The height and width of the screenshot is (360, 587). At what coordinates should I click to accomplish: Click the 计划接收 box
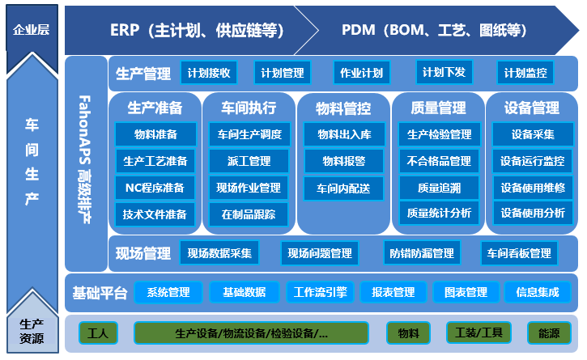209,73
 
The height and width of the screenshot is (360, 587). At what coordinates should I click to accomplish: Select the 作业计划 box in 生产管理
362,73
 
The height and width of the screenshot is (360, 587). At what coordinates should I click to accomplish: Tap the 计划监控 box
525,73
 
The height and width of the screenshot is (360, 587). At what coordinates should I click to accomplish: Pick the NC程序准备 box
155,188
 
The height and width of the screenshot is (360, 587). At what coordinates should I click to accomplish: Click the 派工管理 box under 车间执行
249,161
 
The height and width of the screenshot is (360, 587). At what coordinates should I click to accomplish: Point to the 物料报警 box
344,161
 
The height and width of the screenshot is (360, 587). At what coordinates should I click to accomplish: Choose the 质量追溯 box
439,188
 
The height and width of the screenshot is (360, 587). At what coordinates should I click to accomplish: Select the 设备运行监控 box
533,161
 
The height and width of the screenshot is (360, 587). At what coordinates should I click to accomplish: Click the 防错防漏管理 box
422,253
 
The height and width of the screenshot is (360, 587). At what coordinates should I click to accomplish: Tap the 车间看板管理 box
519,253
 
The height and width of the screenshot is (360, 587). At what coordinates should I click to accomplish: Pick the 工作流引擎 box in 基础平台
321,292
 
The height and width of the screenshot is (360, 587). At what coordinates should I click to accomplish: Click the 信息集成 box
538,292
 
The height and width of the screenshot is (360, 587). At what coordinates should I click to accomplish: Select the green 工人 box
98,332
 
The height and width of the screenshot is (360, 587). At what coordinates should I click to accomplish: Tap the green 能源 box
549,332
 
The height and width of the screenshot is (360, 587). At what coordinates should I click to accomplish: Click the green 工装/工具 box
479,332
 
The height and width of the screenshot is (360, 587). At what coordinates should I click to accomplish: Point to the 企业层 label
32,30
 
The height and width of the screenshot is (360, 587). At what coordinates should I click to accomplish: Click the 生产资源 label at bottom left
32,331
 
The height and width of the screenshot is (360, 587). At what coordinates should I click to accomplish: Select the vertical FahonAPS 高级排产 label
85,159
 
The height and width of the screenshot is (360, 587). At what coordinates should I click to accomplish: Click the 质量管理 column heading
438,108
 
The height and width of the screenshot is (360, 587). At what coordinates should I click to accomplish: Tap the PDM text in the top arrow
358,30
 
